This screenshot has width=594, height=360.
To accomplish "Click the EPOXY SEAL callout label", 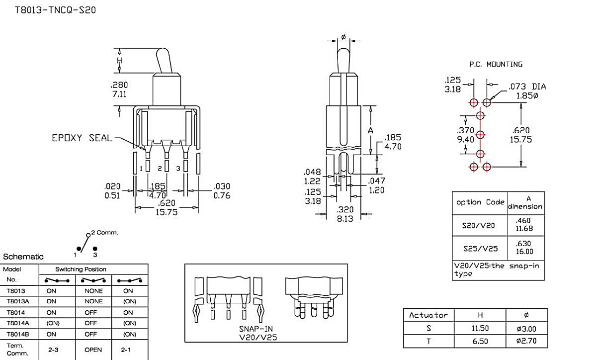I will pos(82,138).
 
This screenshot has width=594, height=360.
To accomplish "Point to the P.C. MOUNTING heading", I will pos(496,65).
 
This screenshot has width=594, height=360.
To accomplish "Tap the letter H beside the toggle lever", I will pos(119,61).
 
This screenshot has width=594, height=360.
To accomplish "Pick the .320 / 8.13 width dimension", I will pos(345,214).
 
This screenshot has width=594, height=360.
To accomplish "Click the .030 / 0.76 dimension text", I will pos(222,191).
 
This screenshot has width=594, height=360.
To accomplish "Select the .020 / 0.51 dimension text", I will pos(112,191).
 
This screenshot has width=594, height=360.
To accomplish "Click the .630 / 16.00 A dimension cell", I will pos(525,248).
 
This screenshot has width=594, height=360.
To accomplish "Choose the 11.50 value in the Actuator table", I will pos(479,328).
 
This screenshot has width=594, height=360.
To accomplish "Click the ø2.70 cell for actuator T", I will pos(526,342).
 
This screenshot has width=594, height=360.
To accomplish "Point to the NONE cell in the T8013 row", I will pos(93,291).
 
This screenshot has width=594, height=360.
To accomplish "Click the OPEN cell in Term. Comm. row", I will pos(93,350).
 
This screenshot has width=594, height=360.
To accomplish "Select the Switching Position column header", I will pos(81,269).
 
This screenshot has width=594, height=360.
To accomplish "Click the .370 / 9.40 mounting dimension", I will pos(466,135).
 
